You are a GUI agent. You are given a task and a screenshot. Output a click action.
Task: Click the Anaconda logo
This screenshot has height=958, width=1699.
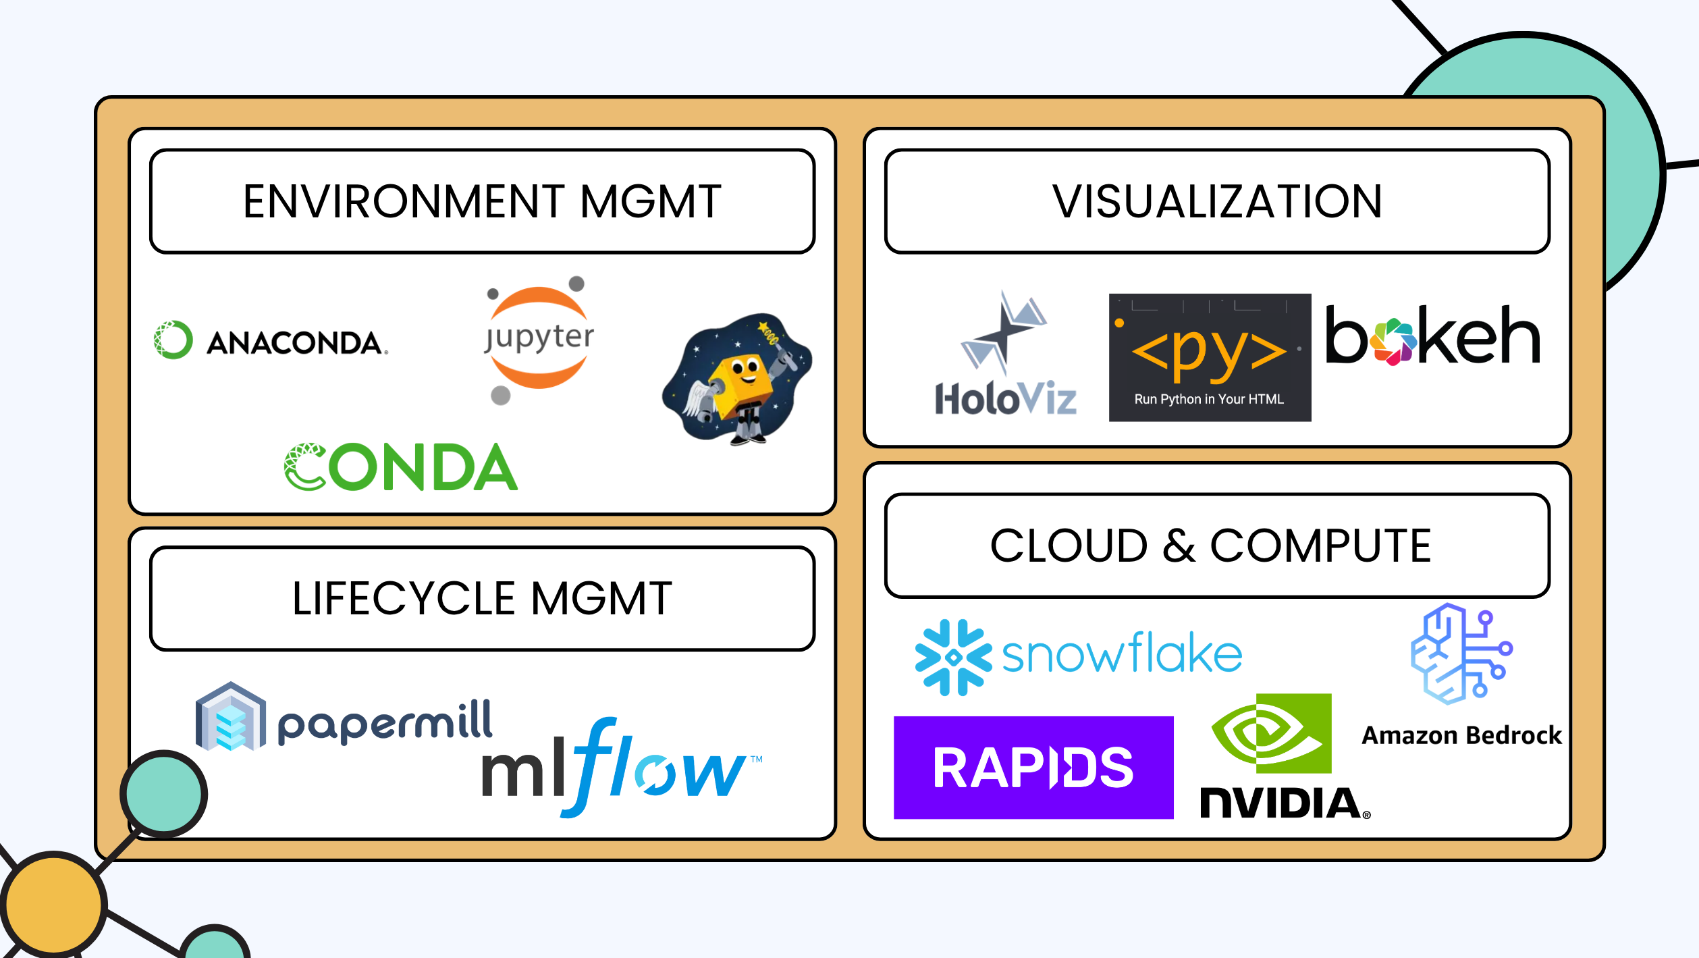(271, 341)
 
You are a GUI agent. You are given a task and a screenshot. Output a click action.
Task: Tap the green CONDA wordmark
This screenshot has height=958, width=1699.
(401, 467)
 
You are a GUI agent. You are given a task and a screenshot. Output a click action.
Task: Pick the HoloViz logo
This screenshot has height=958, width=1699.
(1005, 354)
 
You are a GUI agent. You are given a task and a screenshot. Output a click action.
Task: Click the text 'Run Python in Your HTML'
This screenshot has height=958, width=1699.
(1209, 399)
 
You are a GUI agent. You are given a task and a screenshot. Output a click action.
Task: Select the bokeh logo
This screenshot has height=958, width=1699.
(1432, 336)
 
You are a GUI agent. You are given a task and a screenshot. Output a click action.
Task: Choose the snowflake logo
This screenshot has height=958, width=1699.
(1078, 656)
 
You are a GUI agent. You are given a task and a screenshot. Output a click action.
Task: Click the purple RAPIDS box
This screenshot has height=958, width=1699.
(1033, 768)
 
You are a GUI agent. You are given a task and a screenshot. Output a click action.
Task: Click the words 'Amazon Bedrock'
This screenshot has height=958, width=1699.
(1461, 735)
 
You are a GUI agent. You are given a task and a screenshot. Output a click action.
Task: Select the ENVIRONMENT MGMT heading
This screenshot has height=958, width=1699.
(482, 201)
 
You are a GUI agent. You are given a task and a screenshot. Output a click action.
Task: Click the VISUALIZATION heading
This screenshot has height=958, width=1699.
(1217, 201)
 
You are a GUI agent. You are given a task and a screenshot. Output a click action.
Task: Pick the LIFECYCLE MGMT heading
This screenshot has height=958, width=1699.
(482, 598)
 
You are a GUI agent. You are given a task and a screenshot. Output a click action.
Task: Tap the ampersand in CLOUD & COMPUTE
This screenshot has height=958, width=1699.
(1179, 545)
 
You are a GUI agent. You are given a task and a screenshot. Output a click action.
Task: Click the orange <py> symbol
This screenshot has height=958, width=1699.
(1208, 352)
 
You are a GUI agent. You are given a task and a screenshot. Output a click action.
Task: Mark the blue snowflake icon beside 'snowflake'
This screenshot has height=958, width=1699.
(953, 657)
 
